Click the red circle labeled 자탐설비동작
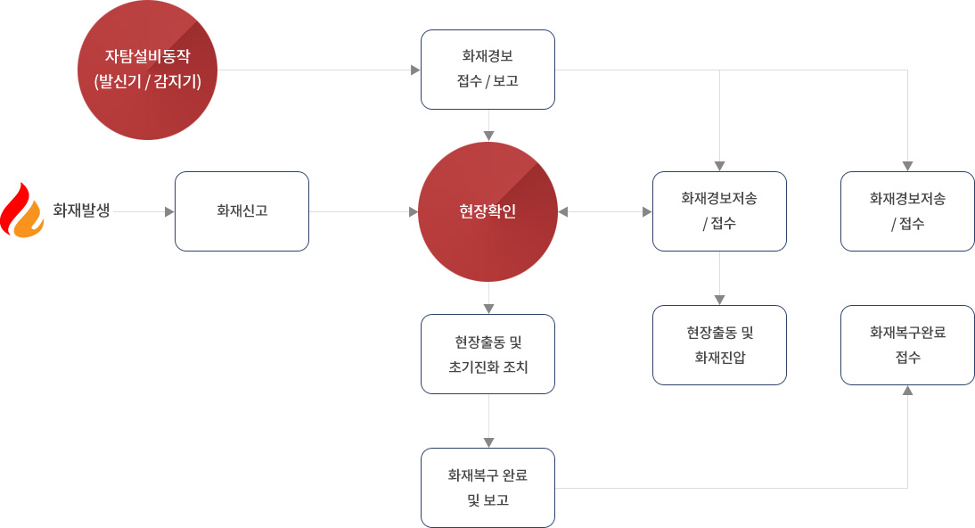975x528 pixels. click(147, 70)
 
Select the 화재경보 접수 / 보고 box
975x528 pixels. click(487, 70)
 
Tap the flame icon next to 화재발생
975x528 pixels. click(21, 210)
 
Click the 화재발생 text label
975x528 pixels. click(81, 210)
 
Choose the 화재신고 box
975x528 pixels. click(242, 211)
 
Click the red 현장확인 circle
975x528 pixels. click(488, 211)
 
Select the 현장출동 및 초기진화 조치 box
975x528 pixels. click(487, 354)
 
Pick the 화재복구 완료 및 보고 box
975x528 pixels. click(487, 488)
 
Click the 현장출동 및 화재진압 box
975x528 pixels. click(719, 345)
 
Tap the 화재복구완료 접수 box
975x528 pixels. click(907, 345)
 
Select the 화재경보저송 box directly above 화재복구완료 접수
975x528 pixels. click(907, 211)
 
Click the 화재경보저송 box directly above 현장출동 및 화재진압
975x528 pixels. click(719, 211)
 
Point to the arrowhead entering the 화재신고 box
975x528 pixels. click(169, 211)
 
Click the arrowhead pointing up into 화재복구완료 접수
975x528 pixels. click(908, 391)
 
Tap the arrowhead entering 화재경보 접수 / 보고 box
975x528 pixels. click(415, 70)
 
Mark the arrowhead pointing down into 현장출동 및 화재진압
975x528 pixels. click(719, 300)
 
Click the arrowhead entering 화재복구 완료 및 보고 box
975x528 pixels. click(488, 442)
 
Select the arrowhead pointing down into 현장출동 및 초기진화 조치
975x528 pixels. click(488, 309)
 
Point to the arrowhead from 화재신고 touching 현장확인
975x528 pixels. click(414, 211)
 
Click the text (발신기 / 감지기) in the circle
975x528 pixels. click(147, 81)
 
